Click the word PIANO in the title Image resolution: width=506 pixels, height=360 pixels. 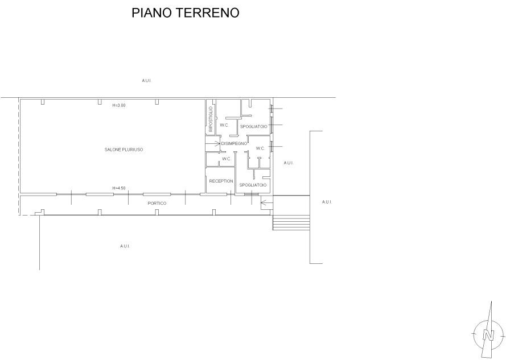click(152, 13)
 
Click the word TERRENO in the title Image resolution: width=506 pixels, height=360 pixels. click(208, 13)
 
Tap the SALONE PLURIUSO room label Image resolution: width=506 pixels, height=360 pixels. click(124, 150)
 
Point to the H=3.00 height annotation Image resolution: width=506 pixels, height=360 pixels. click(119, 105)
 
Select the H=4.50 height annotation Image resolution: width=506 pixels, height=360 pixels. click(119, 188)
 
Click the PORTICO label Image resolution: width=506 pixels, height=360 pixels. click(157, 203)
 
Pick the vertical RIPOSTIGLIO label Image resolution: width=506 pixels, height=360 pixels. click(211, 119)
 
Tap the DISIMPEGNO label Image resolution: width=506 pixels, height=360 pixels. click(234, 143)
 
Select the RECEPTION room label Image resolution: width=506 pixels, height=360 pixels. click(221, 181)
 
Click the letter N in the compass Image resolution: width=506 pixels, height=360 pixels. click(488, 335)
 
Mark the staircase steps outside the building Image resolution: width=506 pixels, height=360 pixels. click(291, 222)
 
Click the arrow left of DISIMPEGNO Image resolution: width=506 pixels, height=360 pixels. click(213, 143)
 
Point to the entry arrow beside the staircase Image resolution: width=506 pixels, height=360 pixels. click(266, 203)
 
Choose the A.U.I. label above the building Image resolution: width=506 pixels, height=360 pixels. click(146, 81)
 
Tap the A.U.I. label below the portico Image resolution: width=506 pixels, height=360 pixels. click(125, 246)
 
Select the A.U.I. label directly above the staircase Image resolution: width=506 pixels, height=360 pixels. click(289, 163)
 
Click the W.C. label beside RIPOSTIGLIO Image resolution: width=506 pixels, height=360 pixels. click(224, 125)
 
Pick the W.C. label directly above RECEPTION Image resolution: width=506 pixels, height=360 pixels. click(227, 159)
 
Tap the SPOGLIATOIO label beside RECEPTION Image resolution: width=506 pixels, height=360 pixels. click(253, 185)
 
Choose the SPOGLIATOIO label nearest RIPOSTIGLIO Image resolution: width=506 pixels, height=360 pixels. click(254, 127)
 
